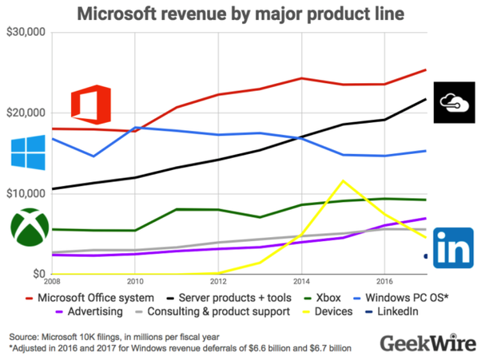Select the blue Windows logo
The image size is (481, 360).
click(x=29, y=152)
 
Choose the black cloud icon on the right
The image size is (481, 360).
click(x=453, y=102)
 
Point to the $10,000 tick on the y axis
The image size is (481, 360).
click(x=26, y=193)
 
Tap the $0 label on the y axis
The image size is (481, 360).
click(x=37, y=274)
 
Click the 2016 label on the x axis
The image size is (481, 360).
click(x=384, y=282)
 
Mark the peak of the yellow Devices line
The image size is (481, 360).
click(x=343, y=180)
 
